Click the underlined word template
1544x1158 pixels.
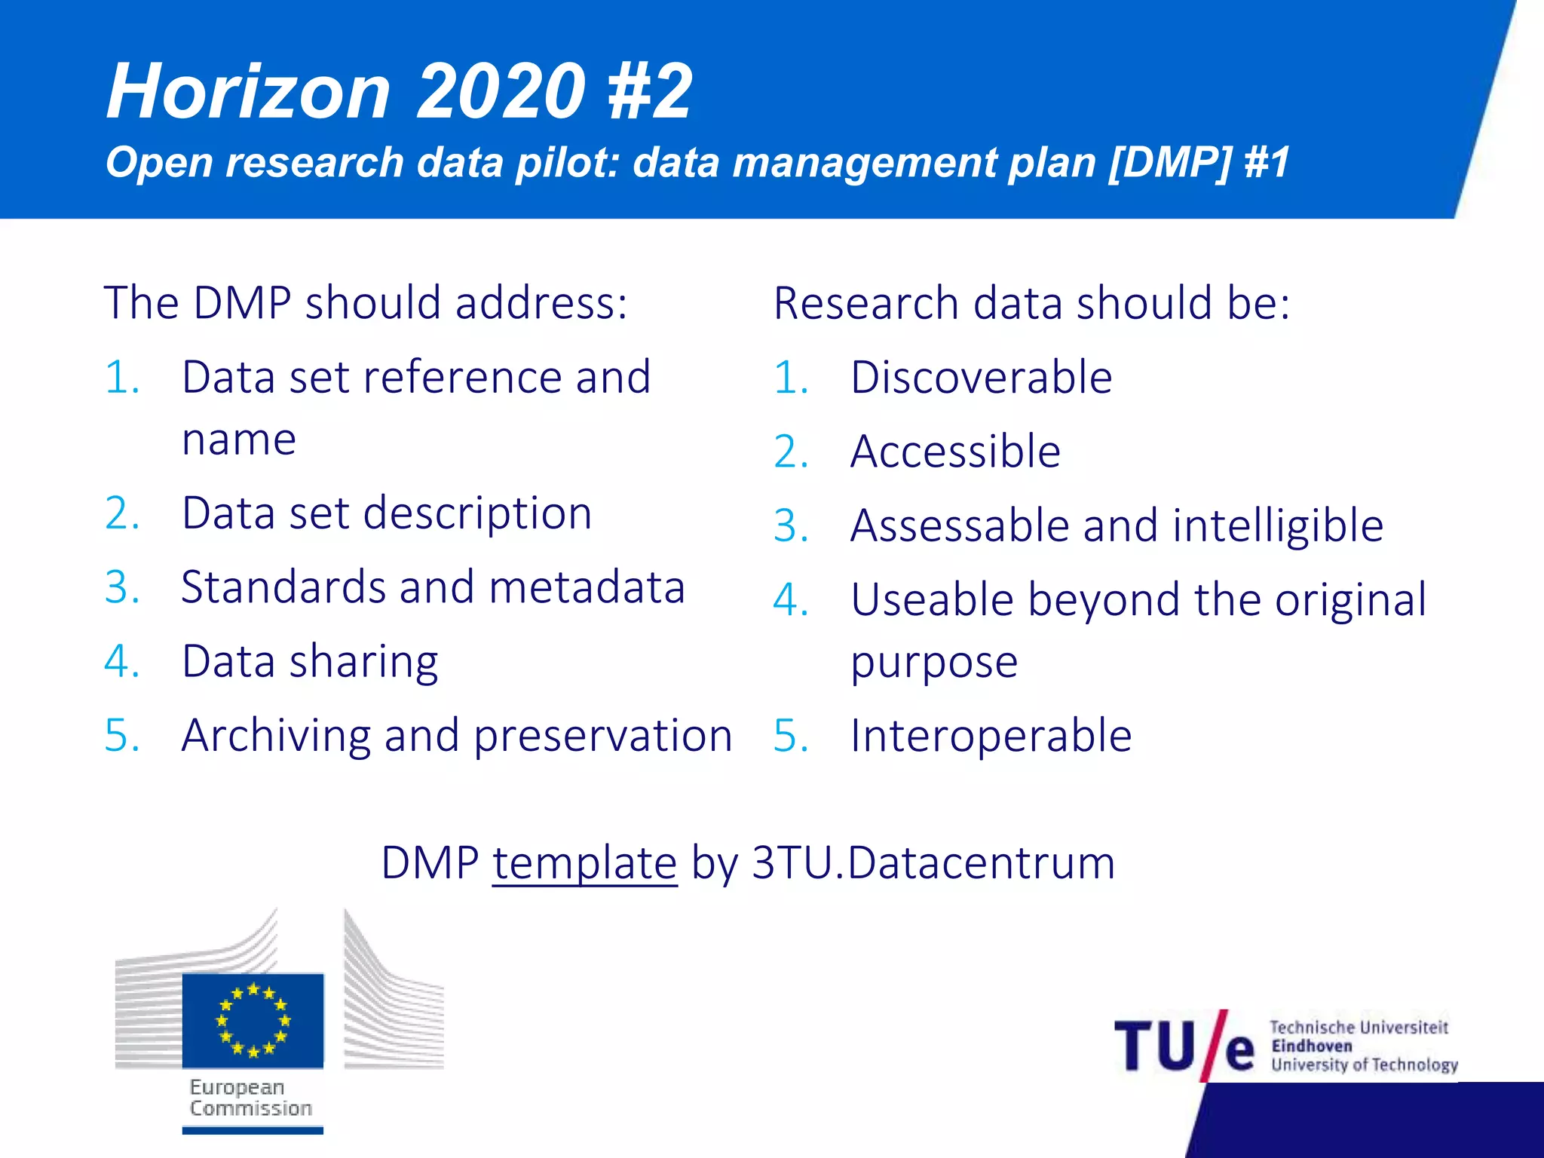584,863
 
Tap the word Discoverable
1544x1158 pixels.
981,377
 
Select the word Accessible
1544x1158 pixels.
955,452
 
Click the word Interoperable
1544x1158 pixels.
991,736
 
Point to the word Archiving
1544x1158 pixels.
276,736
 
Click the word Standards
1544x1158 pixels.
283,587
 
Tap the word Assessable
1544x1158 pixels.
959,525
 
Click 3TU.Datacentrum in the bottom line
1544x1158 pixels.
933,863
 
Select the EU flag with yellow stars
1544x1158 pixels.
253,1020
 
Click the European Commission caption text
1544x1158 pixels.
250,1098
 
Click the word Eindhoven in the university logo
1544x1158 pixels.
1311,1046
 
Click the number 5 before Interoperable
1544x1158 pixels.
789,736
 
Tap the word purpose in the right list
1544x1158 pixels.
934,662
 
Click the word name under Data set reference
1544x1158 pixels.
239,440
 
